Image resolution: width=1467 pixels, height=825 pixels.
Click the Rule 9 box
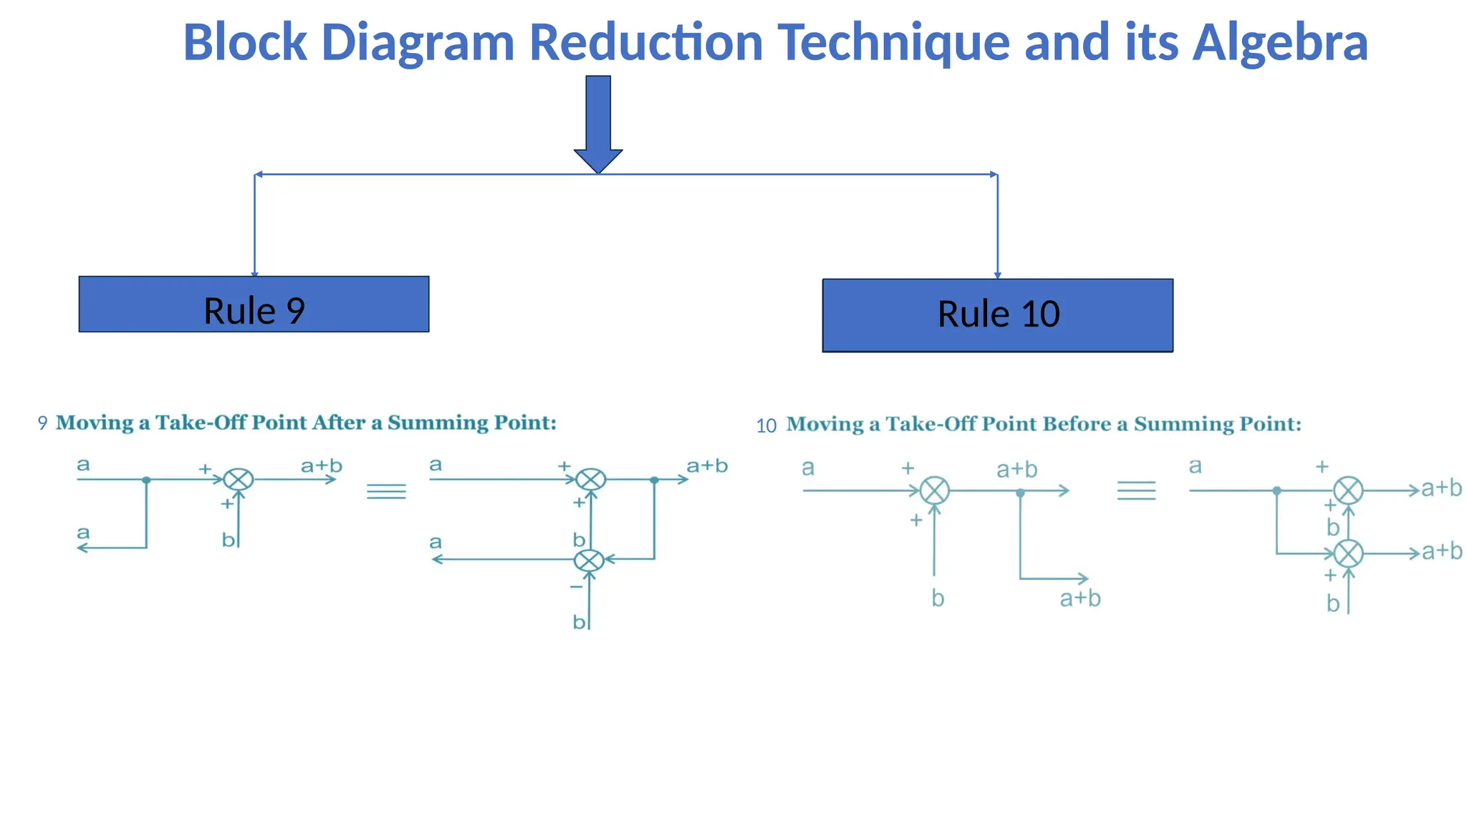[254, 304]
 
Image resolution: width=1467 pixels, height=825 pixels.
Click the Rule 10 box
[997, 315]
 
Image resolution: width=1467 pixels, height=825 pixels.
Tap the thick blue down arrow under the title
[598, 122]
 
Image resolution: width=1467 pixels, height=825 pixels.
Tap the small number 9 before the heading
[42, 423]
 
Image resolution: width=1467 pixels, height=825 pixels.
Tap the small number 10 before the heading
[766, 426]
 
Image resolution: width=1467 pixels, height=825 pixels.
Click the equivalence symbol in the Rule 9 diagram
[386, 491]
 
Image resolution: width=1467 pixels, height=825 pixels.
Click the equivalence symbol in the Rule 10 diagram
[1136, 491]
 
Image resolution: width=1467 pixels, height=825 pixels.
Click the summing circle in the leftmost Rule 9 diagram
[238, 479]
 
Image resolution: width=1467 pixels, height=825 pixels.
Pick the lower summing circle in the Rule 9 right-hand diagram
[590, 560]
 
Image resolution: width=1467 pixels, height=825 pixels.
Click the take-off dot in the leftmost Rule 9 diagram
[146, 480]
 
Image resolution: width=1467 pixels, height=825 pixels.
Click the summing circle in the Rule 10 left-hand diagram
[934, 491]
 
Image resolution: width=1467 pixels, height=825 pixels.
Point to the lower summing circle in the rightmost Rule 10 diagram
[1348, 554]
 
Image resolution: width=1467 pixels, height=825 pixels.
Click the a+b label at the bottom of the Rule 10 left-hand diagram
[1080, 599]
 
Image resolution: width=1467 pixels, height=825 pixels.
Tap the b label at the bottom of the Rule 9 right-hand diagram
[579, 622]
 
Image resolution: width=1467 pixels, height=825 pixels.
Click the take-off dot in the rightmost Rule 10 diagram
[1276, 491]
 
